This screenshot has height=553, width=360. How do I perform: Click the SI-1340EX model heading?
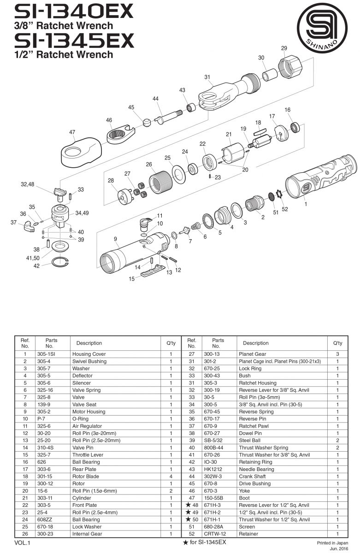click(x=74, y=10)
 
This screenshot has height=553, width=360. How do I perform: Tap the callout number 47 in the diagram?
click(x=72, y=132)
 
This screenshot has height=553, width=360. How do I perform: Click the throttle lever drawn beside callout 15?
click(x=152, y=272)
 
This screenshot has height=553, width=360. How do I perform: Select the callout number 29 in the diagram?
click(x=284, y=48)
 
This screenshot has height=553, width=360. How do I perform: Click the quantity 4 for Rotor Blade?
click(x=171, y=476)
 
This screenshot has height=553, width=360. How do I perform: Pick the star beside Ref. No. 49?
click(x=188, y=512)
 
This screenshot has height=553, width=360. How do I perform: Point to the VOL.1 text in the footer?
click(x=22, y=543)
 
